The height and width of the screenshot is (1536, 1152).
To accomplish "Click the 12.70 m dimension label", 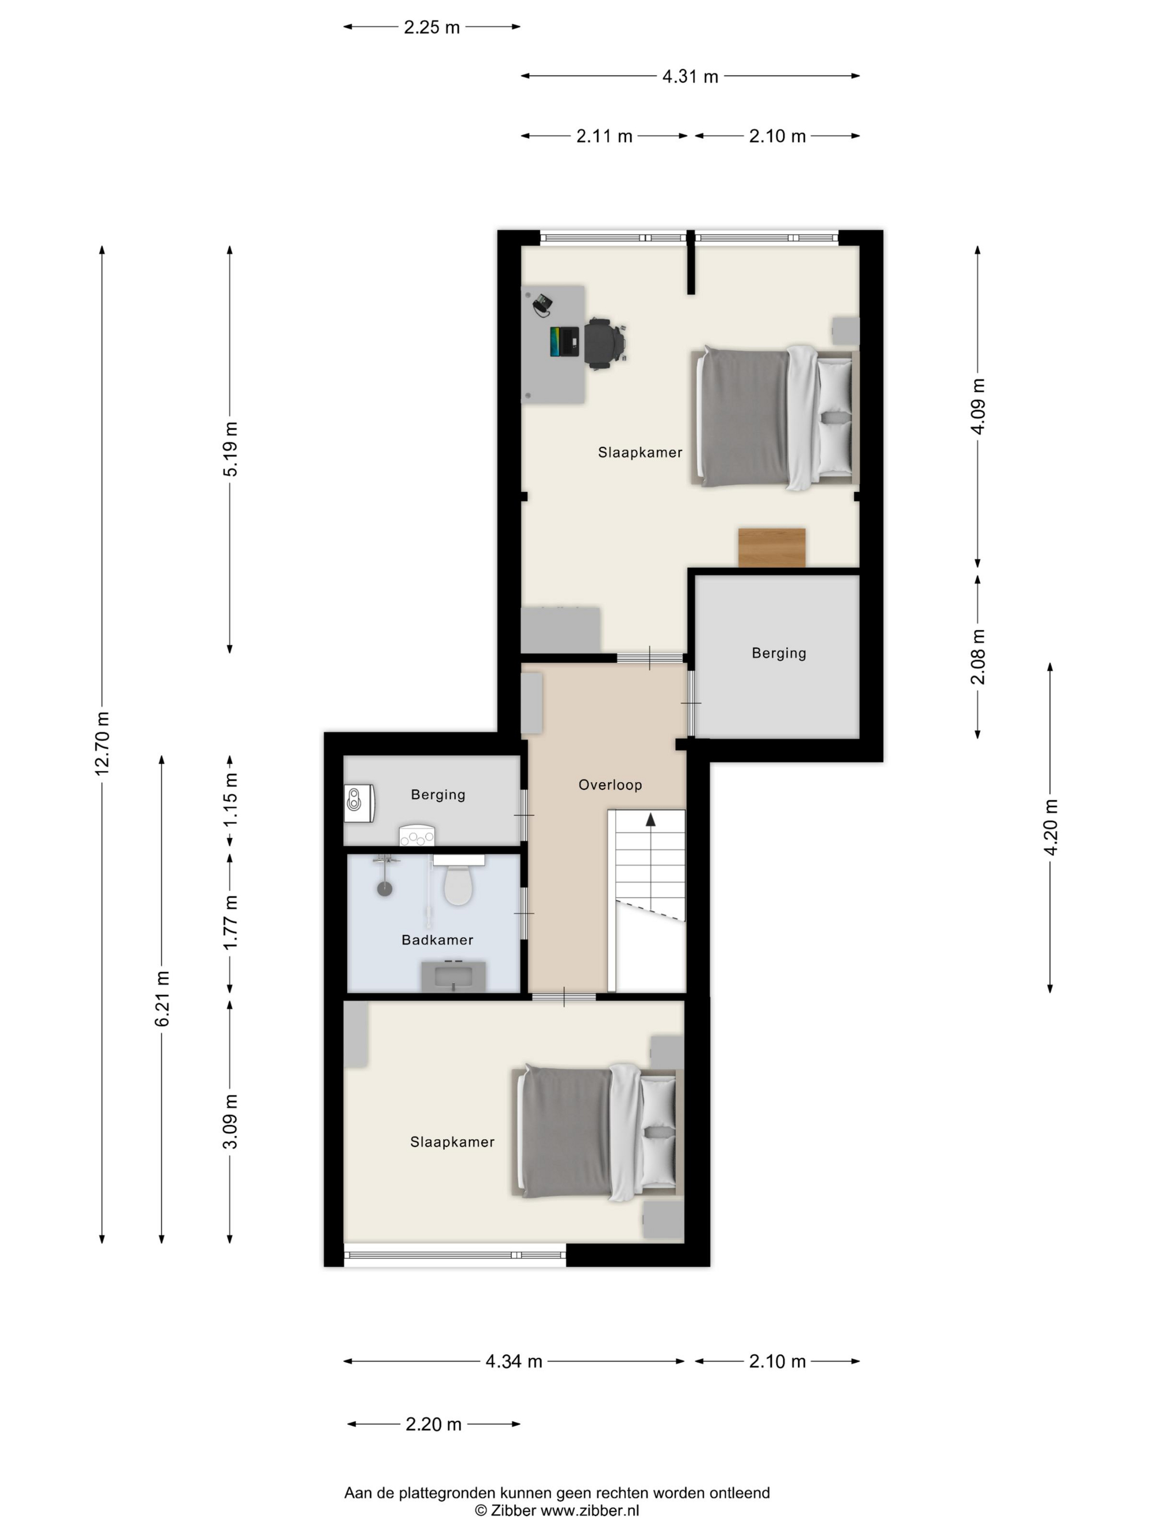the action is pos(102,743).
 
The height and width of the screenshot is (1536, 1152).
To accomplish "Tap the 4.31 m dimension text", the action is pos(690,76).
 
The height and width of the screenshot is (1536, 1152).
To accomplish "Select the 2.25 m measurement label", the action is pos(431,27).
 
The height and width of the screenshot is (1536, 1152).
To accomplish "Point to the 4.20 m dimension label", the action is pos(1050,827).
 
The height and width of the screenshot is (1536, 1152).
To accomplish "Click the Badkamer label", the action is pos(437,940).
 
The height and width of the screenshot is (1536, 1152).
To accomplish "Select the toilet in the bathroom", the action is pos(458,880).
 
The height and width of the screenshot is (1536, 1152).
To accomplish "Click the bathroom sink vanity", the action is pos(454,975).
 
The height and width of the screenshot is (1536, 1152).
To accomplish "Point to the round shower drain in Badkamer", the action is pos(385,888).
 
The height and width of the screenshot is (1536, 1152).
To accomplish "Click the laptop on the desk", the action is pos(564,342).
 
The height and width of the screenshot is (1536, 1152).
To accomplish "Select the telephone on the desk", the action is pos(543,303).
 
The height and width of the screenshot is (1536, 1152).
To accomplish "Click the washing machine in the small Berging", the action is pos(360,804).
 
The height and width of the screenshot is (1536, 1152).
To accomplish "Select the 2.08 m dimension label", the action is pos(978,657).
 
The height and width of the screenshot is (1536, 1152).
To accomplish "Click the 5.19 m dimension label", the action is pos(230,449).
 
